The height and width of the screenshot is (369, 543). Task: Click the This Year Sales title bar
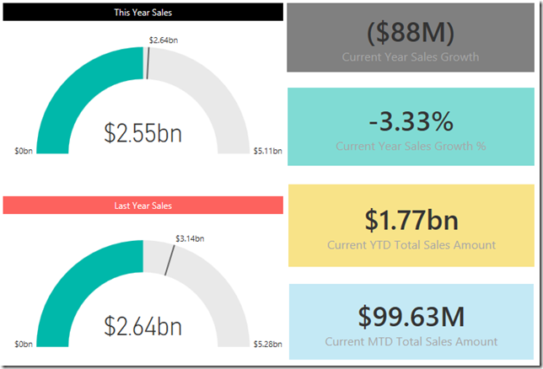coord(143,13)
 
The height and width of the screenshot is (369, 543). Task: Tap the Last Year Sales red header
coord(143,206)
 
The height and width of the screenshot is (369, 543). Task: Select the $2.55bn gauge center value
coord(143,132)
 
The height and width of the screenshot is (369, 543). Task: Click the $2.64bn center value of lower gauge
coord(143,325)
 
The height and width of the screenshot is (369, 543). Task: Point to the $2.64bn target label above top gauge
coord(164,40)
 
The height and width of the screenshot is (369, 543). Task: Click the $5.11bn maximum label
coord(267,152)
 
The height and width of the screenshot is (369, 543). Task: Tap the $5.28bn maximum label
coord(267,345)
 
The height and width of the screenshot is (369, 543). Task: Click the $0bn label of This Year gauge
coord(24,152)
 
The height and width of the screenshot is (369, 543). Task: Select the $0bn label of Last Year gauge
coord(24,345)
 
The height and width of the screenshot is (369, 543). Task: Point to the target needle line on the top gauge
coord(148,63)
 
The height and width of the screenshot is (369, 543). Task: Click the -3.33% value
coord(411,121)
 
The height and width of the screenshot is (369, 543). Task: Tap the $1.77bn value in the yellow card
coord(411,219)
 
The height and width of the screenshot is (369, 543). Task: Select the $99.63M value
coord(411,316)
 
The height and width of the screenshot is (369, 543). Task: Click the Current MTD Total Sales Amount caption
coord(411,342)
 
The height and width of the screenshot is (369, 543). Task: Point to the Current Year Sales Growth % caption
coord(411,146)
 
